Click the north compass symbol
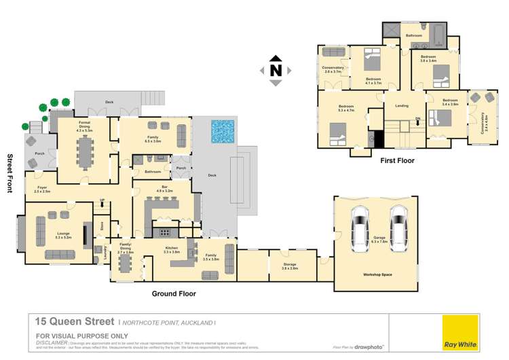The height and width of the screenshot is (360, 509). tap(275, 70)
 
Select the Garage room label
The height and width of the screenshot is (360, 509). tap(379, 239)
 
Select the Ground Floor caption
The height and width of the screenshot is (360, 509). tap(174, 294)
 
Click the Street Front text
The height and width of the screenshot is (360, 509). tap(10, 173)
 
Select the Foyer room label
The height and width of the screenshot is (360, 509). tap(41, 190)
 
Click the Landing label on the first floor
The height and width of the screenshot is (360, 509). tap(402, 105)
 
